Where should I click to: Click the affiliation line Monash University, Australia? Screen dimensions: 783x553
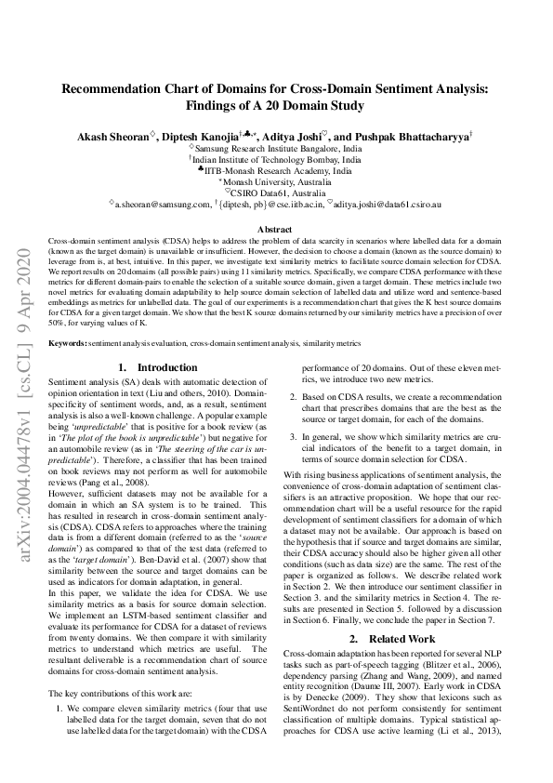pyautogui.click(x=277, y=182)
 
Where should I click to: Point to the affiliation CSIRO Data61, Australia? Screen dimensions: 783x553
pyautogui.click(x=278, y=192)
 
